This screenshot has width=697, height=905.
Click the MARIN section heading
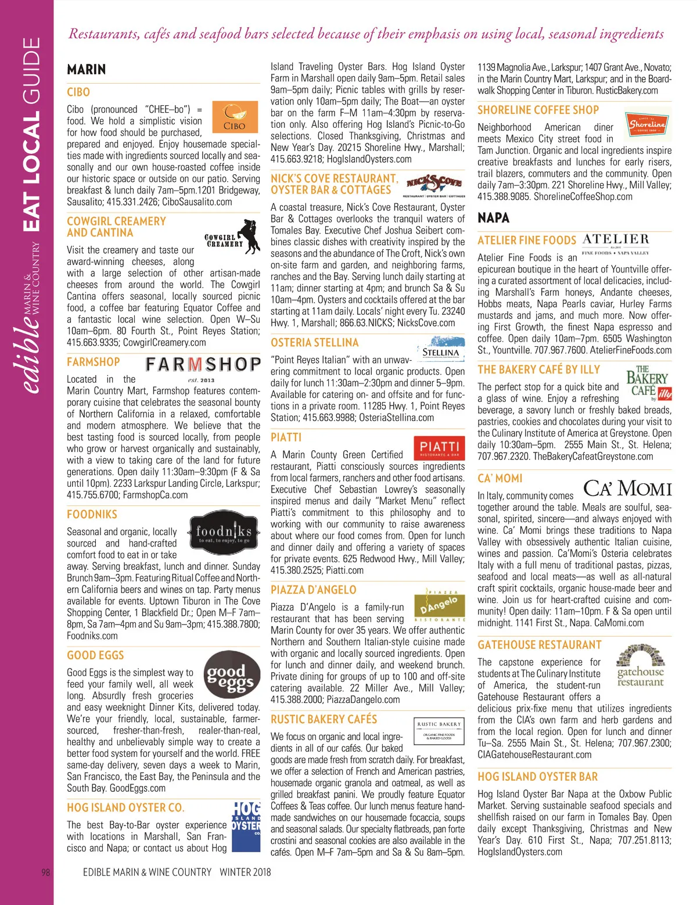point(87,70)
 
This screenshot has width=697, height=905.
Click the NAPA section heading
point(493,218)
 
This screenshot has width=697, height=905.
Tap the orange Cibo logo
point(235,118)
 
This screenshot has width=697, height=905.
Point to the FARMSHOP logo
point(203,364)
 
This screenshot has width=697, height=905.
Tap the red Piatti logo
point(439,448)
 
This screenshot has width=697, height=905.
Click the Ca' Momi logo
point(627,489)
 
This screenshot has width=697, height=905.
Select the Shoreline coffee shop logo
point(648,124)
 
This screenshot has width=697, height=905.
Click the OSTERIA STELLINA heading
point(315,343)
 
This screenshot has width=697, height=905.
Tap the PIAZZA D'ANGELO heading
point(314,590)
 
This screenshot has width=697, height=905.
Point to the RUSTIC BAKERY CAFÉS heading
point(324,719)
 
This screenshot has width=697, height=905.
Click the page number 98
point(46,872)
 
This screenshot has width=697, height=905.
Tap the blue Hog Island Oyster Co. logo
point(246,826)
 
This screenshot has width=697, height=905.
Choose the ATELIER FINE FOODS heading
point(527,240)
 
